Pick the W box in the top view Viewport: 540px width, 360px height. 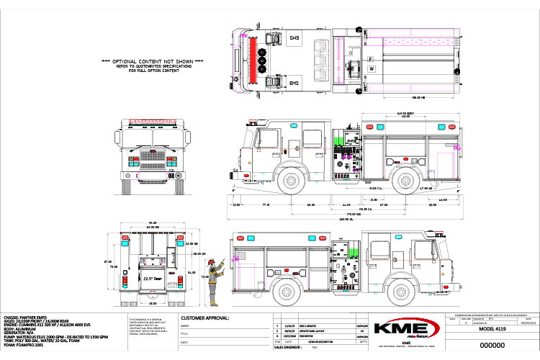coord(372,68)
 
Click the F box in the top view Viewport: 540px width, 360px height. coord(372,57)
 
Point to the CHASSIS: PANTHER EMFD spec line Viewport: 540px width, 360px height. coord(30,316)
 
